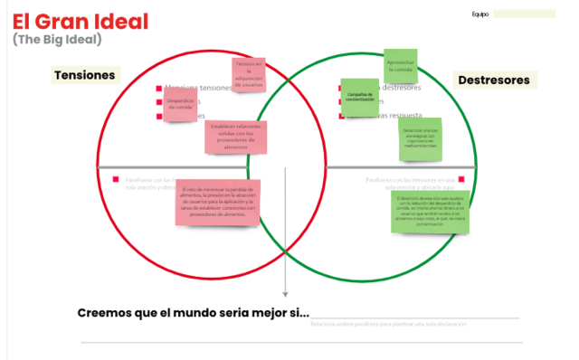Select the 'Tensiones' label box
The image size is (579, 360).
point(85,75)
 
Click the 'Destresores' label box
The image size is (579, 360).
point(493,81)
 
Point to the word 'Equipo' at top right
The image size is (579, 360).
point(479,14)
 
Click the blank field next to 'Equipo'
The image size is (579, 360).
point(525,14)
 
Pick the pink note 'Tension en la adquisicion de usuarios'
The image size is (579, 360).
point(250,76)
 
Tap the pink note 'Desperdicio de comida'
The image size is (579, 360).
point(180,104)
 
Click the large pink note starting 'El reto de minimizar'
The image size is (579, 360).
point(218,203)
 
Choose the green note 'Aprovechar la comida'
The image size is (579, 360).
point(400,65)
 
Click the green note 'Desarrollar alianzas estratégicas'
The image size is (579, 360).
point(420,139)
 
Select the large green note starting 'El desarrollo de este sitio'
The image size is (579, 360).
point(431,211)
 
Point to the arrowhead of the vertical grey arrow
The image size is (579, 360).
point(285,292)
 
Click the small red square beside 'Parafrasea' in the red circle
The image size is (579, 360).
point(116,180)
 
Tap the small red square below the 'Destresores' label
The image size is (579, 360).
point(460,179)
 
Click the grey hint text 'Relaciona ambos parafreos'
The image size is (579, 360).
point(389,324)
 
